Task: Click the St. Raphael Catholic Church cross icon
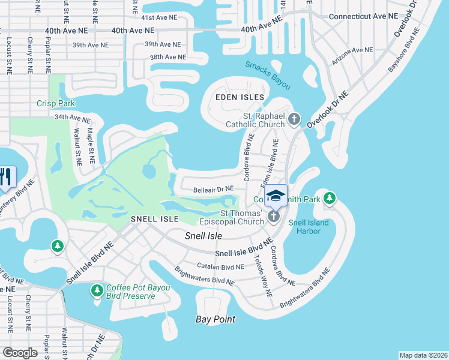point(294,119)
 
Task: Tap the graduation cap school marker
point(276,196)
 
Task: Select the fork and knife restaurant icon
point(5,176)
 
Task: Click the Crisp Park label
point(55,103)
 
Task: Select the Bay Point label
point(215,319)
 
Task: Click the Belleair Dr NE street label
point(213,190)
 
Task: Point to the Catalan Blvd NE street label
point(220,266)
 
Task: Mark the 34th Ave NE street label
point(71,118)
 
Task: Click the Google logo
point(20,352)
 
